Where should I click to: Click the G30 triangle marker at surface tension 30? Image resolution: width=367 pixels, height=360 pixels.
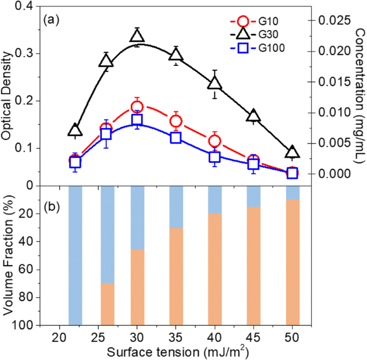coord(138,36)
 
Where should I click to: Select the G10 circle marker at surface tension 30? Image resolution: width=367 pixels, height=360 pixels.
coord(138,107)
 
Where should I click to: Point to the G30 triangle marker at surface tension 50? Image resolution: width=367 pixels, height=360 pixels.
coord(292,152)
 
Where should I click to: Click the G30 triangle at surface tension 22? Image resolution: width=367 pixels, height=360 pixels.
coord(76,130)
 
